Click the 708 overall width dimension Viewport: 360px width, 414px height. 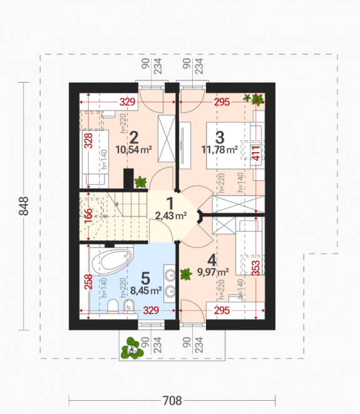[172, 401]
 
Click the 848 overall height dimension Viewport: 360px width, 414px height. [24, 206]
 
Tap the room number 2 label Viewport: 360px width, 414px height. [134, 138]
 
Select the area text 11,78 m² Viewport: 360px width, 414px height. [219, 150]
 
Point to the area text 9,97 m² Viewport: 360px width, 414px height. [213, 272]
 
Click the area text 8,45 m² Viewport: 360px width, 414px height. [146, 291]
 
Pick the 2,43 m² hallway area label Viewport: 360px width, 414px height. [171, 215]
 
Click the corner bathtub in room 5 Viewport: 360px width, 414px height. [111, 260]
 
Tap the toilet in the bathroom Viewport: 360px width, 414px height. [113, 306]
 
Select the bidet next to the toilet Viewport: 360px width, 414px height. [129, 306]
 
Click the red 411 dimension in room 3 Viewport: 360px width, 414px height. [255, 153]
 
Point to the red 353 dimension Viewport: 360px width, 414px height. [255, 267]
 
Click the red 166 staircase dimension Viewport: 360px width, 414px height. [88, 215]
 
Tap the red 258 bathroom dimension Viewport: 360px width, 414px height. [88, 282]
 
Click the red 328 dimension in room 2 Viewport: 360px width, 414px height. [88, 140]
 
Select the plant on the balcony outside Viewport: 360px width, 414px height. [131, 348]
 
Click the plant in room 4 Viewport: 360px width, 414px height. [186, 274]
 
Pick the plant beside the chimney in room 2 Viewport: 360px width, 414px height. [140, 182]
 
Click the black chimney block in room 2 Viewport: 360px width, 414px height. [128, 179]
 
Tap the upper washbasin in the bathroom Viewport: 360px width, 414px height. [170, 275]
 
